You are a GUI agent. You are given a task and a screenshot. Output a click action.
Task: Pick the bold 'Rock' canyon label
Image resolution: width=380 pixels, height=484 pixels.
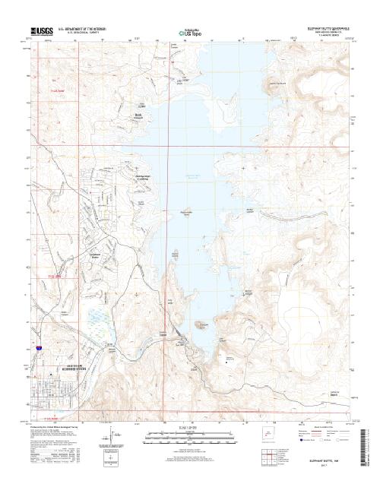139,115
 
